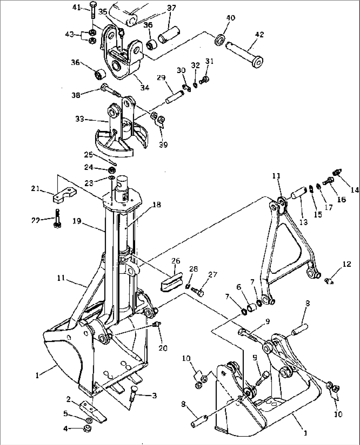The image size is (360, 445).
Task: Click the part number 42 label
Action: (x=260, y=34)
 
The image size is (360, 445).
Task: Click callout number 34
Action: (x=144, y=87)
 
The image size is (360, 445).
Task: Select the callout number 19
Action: (x=77, y=221)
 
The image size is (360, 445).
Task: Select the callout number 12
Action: (x=346, y=264)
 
